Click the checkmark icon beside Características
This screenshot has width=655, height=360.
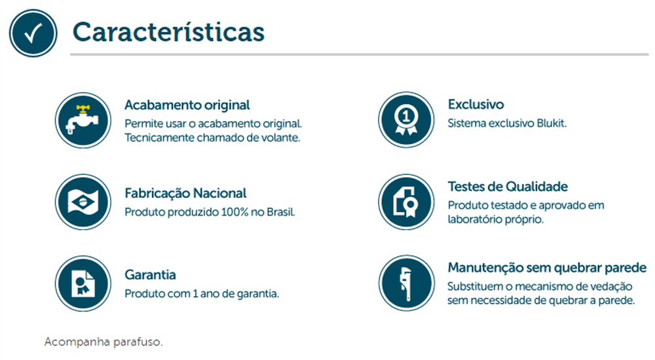(x=33, y=33)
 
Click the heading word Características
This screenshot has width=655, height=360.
(x=168, y=31)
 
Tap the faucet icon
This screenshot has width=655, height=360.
(x=83, y=120)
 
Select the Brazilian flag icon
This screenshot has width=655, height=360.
(x=83, y=202)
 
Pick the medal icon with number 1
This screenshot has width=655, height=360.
(x=407, y=120)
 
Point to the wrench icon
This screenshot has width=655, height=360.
(x=407, y=283)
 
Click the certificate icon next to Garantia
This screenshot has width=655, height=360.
(x=83, y=283)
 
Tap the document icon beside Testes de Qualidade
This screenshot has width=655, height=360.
(x=407, y=202)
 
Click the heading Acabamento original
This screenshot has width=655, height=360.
(x=187, y=105)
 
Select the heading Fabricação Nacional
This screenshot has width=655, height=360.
(x=185, y=193)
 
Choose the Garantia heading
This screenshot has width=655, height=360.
(x=150, y=275)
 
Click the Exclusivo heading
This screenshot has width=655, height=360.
(x=476, y=104)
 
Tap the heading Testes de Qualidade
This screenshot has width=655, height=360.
(x=508, y=187)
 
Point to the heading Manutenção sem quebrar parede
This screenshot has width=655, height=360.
(x=547, y=267)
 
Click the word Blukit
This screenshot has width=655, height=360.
(x=552, y=123)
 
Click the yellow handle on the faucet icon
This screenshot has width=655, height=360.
(x=84, y=110)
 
